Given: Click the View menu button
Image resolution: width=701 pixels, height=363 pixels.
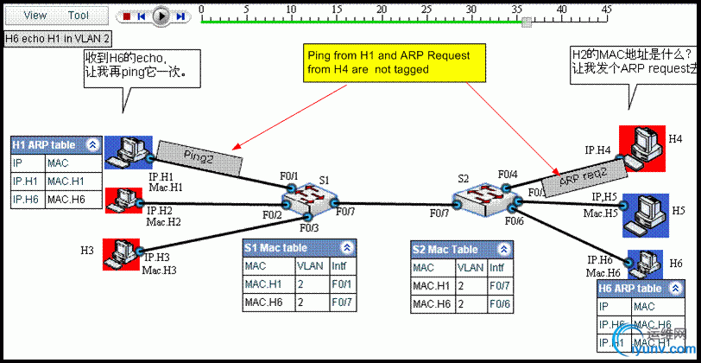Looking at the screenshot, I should coord(35,16).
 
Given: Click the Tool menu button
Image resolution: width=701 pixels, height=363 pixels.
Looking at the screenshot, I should coord(79,16).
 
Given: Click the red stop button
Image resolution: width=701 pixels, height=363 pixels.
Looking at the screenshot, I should coord(126,16).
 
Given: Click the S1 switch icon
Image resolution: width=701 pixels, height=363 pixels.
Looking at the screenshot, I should coord(309,201).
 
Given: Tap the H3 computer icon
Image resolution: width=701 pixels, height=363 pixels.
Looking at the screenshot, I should coord(121,253).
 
